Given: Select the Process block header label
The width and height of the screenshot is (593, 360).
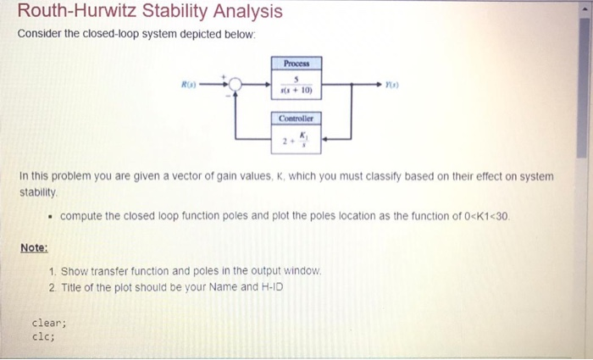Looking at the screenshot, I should tap(297, 64).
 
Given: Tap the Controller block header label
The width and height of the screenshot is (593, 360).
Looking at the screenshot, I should tap(297, 119).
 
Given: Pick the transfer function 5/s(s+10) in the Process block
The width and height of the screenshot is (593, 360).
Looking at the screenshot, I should tap(297, 85).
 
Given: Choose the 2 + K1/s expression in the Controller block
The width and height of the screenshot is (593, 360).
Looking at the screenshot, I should tap(297, 140).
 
